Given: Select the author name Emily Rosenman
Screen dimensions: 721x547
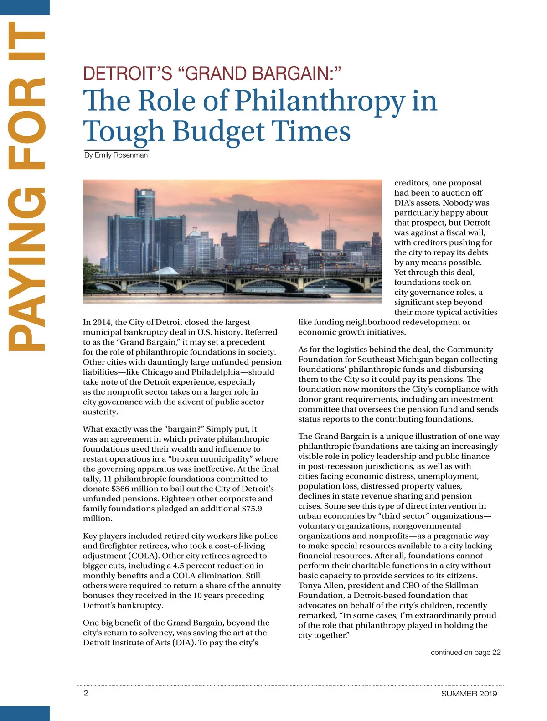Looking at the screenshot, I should [121, 155].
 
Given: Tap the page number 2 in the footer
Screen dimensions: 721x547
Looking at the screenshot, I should [86, 693].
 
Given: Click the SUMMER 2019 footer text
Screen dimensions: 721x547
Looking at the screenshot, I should [469, 694].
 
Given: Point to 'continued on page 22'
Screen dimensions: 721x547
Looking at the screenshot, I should [465, 653].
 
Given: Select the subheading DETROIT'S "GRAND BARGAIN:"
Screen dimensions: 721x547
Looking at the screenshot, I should [212, 73].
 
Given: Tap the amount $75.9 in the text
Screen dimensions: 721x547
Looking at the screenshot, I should [252, 509].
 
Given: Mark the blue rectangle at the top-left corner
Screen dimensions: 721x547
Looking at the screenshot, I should [25, 7].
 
